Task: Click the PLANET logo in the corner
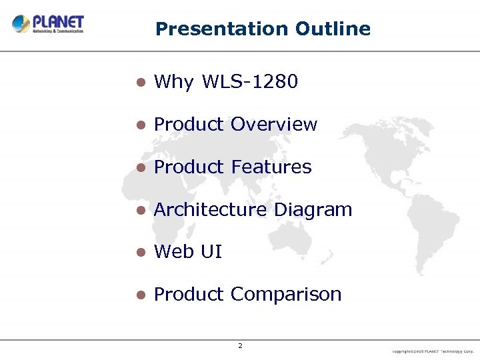point(47,24)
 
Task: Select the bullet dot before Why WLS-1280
point(140,83)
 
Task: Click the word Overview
point(274,125)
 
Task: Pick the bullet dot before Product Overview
point(140,125)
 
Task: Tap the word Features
point(271,167)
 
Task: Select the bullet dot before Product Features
point(140,167)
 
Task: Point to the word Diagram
point(313,210)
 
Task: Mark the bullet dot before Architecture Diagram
point(140,210)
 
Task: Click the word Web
point(172,252)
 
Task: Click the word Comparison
point(286,295)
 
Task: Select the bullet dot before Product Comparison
point(140,295)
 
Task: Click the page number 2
point(240,345)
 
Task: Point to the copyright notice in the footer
point(433,350)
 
